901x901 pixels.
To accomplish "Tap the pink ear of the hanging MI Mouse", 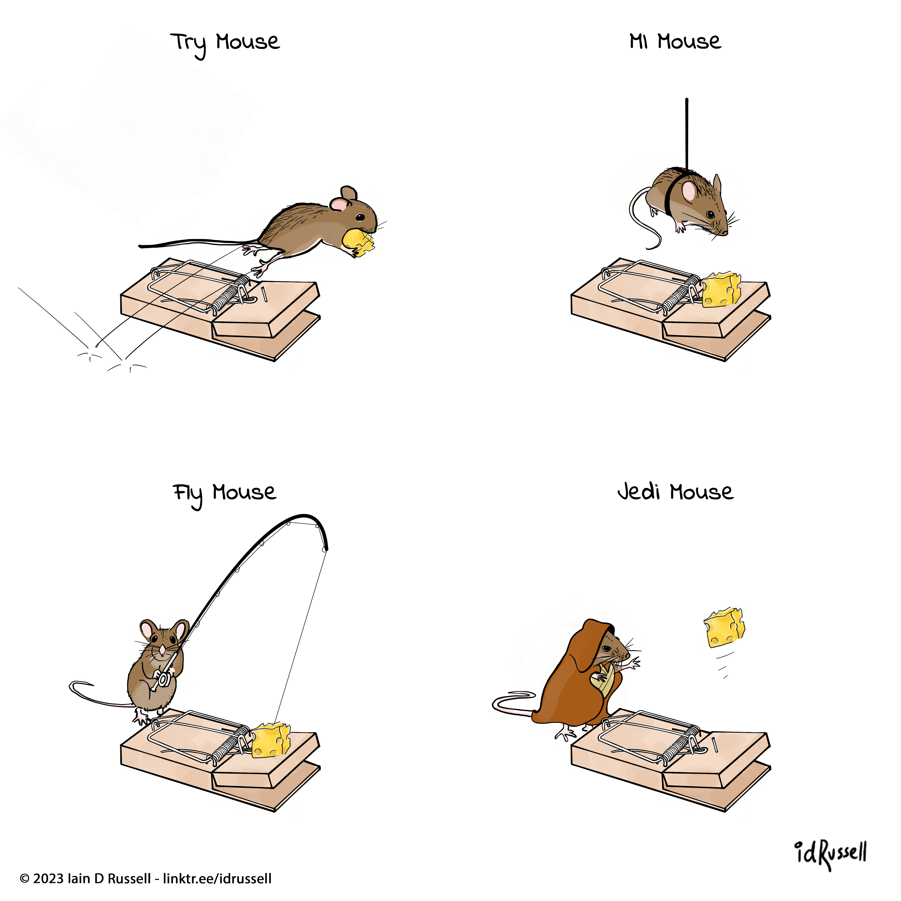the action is click(689, 191).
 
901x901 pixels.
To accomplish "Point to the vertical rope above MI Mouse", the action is click(687, 134).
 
